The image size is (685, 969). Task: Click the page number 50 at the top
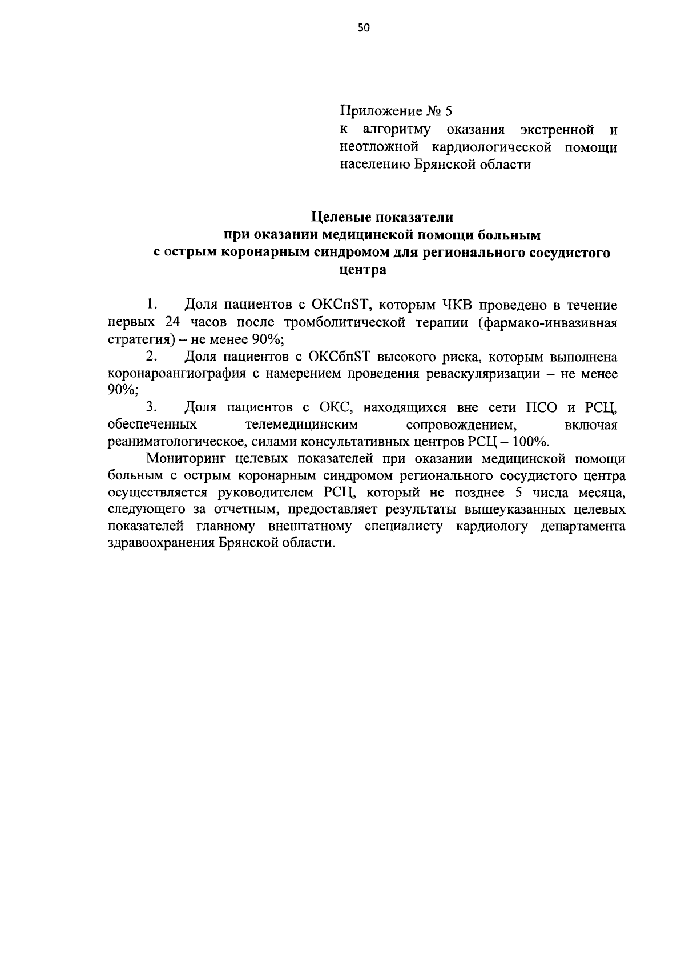[x=364, y=28]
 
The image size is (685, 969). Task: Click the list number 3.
[x=151, y=407]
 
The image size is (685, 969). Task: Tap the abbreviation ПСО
[x=536, y=407]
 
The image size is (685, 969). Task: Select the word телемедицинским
[x=301, y=425]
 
